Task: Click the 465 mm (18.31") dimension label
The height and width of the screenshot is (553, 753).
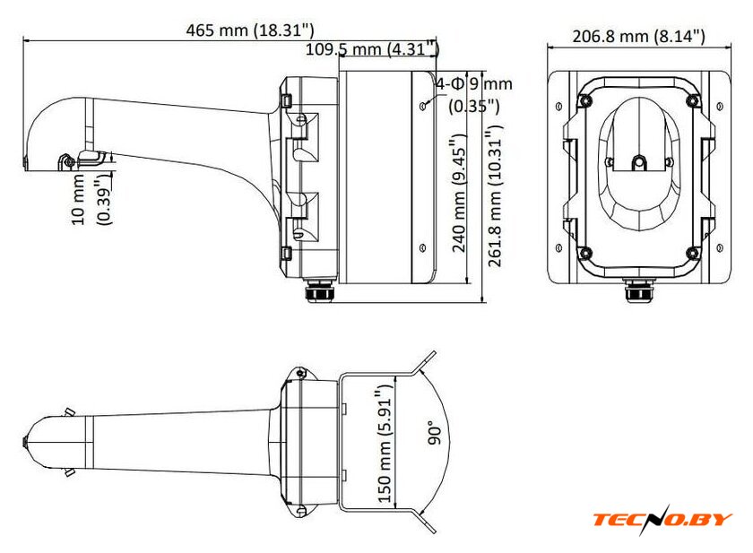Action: [250, 30]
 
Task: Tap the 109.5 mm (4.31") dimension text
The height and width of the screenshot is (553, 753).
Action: [372, 48]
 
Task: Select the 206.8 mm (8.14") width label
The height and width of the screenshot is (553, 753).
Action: [638, 36]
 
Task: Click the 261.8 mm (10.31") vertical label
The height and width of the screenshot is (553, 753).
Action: [495, 196]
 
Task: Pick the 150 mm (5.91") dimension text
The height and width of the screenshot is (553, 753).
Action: [385, 443]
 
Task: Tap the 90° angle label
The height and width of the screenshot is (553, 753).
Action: [434, 433]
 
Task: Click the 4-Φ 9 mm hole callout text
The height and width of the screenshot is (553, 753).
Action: [474, 84]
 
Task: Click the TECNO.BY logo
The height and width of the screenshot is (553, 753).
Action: [662, 520]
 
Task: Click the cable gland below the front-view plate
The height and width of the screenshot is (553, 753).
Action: [638, 289]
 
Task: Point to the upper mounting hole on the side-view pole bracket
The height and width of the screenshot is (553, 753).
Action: [422, 106]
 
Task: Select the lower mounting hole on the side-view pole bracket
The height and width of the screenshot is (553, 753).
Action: [422, 247]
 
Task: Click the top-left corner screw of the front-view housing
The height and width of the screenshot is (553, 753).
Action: [584, 100]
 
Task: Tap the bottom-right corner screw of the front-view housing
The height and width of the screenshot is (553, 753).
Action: [692, 252]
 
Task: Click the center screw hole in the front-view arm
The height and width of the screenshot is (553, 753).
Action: [638, 162]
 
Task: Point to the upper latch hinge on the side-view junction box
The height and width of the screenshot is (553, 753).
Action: [287, 100]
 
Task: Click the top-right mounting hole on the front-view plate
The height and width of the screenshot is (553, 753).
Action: [719, 106]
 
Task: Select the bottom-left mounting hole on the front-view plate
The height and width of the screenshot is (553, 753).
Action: [558, 248]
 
